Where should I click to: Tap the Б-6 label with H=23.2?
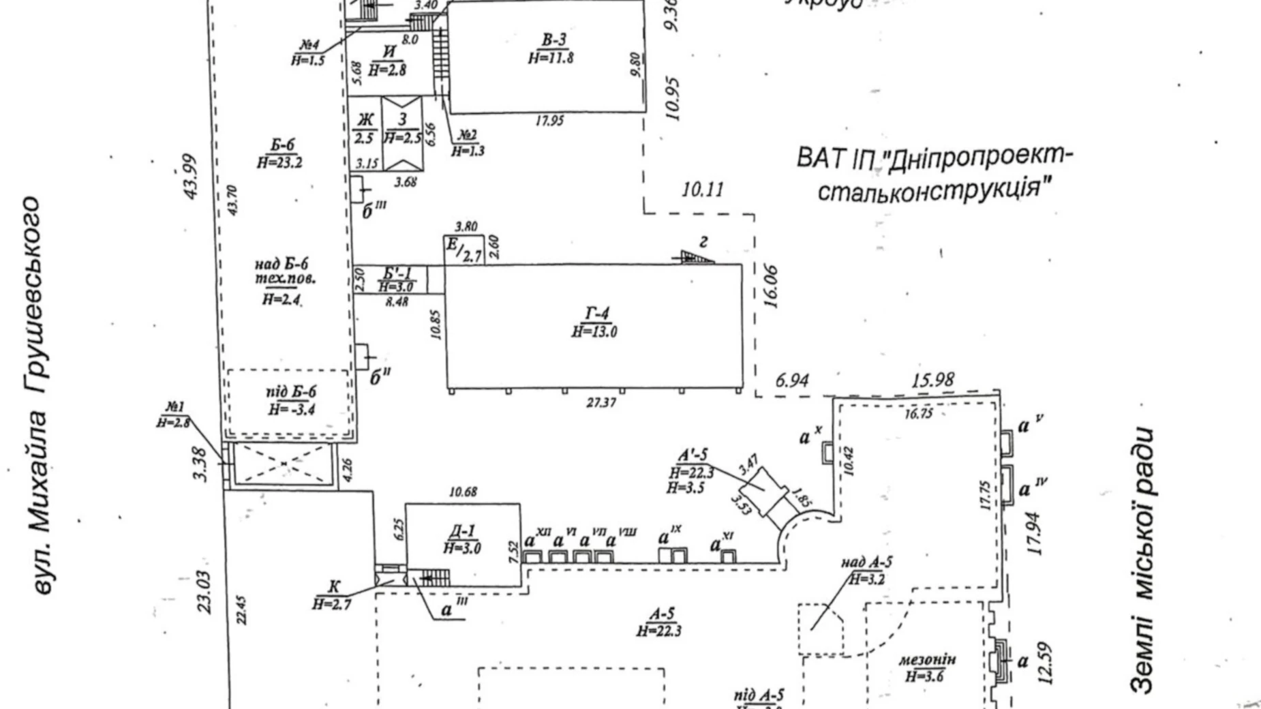point(281,145)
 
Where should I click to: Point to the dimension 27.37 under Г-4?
point(601,403)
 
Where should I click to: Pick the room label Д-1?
point(463,531)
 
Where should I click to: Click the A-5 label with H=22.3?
point(660,614)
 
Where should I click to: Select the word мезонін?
point(927,660)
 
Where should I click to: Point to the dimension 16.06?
point(772,287)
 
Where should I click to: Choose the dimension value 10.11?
point(703,189)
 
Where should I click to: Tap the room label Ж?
point(365,121)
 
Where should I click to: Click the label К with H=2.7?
point(333,587)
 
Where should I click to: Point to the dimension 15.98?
point(932,379)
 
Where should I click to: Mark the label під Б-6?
point(291,393)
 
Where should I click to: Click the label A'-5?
point(693,455)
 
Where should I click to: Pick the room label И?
point(389,52)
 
